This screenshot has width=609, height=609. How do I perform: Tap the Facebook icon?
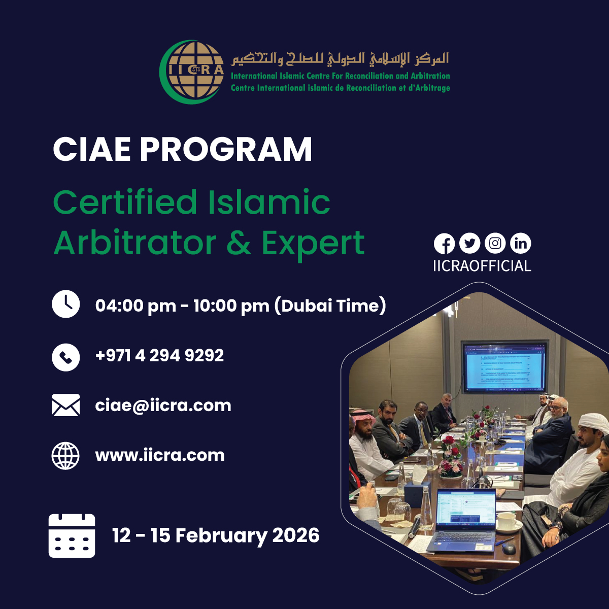click(444, 244)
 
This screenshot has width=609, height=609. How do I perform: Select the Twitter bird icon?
click(469, 244)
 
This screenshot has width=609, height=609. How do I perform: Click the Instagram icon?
click(495, 244)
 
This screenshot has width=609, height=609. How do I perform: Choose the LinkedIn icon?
click(521, 244)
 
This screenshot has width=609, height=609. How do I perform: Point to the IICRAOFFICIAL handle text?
click(482, 266)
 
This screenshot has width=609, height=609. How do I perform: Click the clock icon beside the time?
click(66, 304)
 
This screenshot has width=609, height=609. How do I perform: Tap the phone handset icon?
click(66, 357)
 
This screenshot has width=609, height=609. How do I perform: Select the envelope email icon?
click(66, 405)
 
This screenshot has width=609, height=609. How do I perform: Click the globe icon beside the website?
click(66, 455)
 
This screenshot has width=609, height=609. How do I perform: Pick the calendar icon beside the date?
click(72, 535)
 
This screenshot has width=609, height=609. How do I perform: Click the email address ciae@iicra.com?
click(163, 405)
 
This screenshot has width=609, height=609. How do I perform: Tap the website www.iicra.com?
click(160, 455)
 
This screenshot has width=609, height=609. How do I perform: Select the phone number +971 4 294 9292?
click(159, 355)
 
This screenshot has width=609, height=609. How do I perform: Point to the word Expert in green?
click(313, 243)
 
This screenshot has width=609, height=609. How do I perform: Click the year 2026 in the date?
click(296, 535)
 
